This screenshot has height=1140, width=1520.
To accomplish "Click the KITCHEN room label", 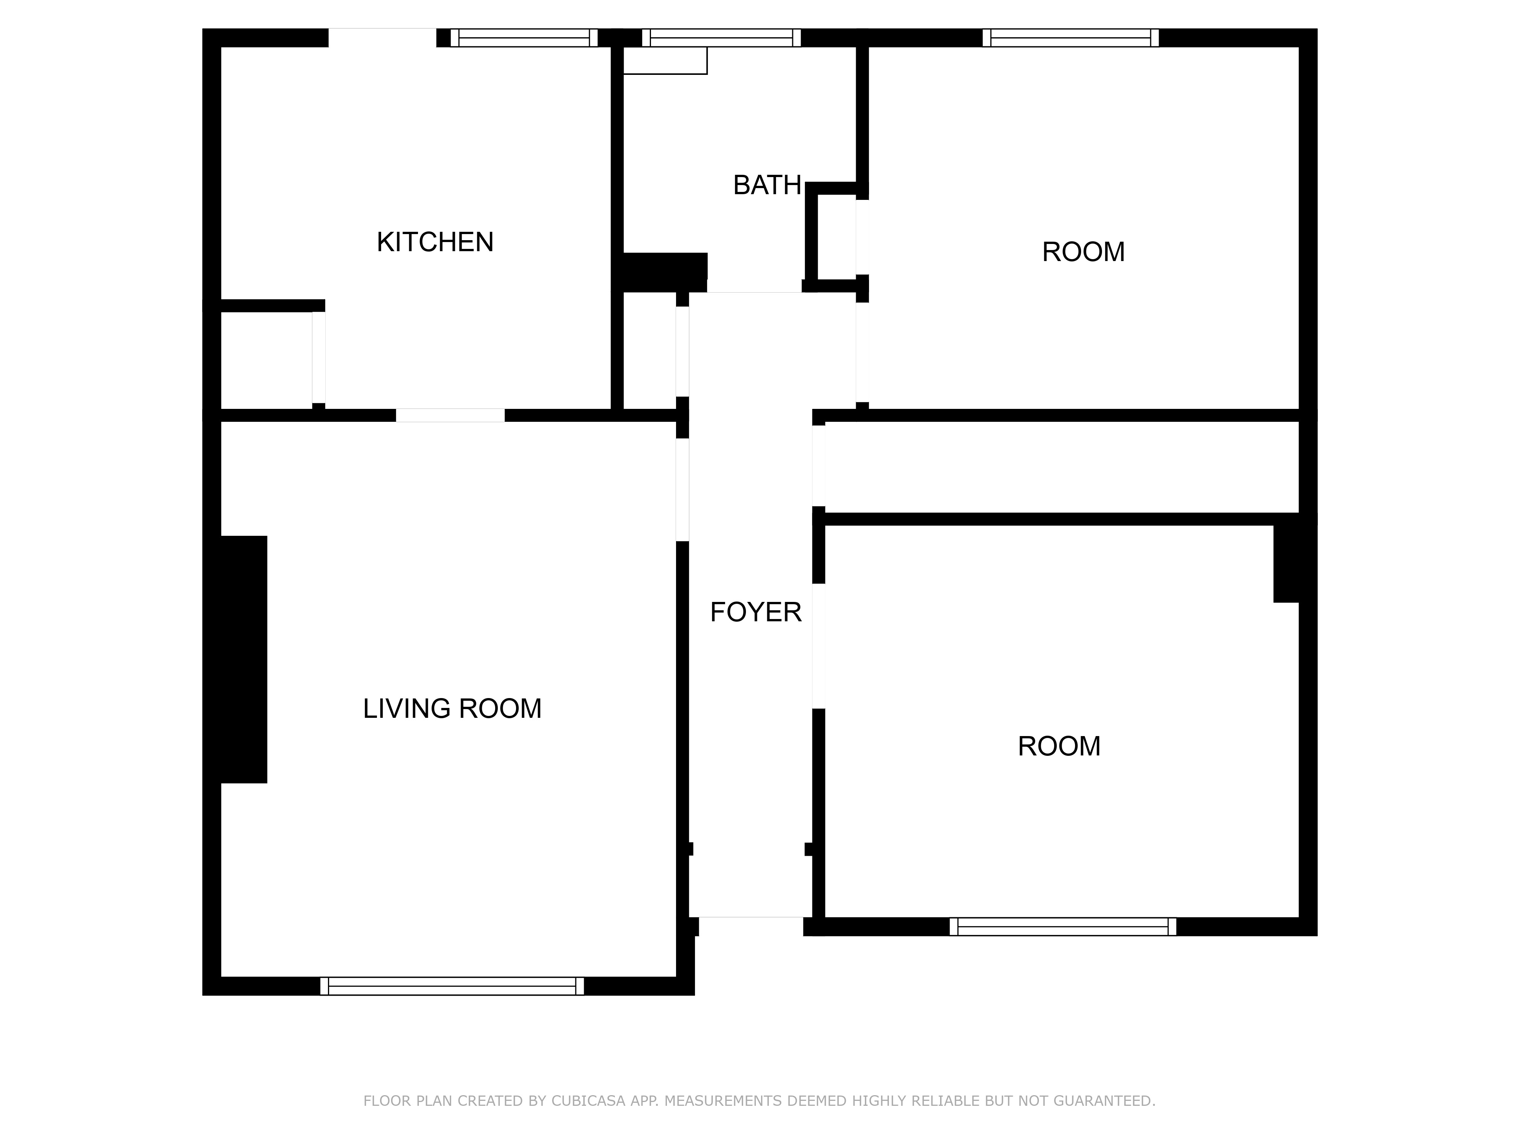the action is coord(435,242).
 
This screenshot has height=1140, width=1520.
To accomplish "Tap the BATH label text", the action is coord(767,185).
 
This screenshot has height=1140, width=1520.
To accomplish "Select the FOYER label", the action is coord(755,611).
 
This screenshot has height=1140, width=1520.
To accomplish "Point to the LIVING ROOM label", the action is coord(452,708).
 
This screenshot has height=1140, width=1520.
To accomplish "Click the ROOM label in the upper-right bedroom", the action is coord(1083,252).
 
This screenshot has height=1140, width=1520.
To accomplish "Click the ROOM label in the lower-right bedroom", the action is coord(1059,746).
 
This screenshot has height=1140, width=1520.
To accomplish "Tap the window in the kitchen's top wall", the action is coord(524,38).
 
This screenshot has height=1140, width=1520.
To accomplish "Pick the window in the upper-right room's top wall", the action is coord(1070,38).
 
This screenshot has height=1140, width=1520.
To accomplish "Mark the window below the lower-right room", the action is coord(1062,926).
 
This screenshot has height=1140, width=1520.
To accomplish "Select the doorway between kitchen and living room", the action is coord(450,415).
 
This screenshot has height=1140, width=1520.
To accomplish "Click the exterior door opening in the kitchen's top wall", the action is coord(382,38).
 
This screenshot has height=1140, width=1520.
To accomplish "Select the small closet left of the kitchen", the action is coord(267,360).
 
